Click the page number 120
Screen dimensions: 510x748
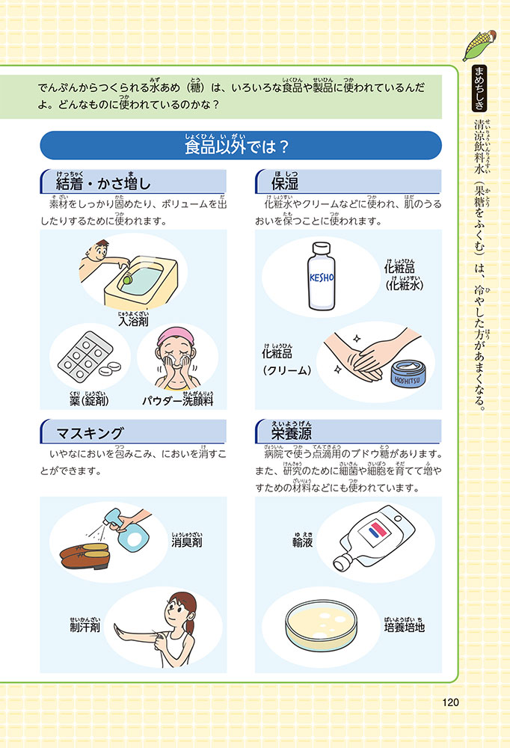pyautogui.click(x=450, y=702)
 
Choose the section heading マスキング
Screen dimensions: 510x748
pyautogui.click(x=90, y=433)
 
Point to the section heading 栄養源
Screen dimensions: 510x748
pyautogui.click(x=291, y=432)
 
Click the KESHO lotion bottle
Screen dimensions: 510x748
pyautogui.click(x=321, y=276)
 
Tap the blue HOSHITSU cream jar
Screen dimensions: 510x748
pyautogui.click(x=407, y=373)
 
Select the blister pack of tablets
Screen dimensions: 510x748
pyautogui.click(x=85, y=356)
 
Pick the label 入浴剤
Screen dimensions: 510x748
pyautogui.click(x=133, y=321)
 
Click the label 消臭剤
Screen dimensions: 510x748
pyautogui.click(x=186, y=542)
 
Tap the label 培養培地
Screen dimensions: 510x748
pyautogui.click(x=404, y=627)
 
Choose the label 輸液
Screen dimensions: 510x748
pyautogui.click(x=302, y=542)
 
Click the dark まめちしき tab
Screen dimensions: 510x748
pyautogui.click(x=479, y=88)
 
